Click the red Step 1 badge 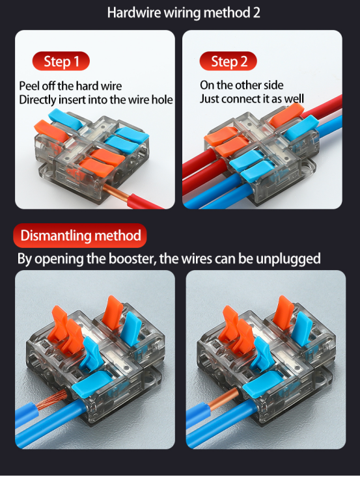61,61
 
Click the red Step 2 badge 228,61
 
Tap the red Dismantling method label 80,236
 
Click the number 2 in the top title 256,13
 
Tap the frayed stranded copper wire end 51,399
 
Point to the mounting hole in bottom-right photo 322,379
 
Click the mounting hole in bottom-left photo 151,379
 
